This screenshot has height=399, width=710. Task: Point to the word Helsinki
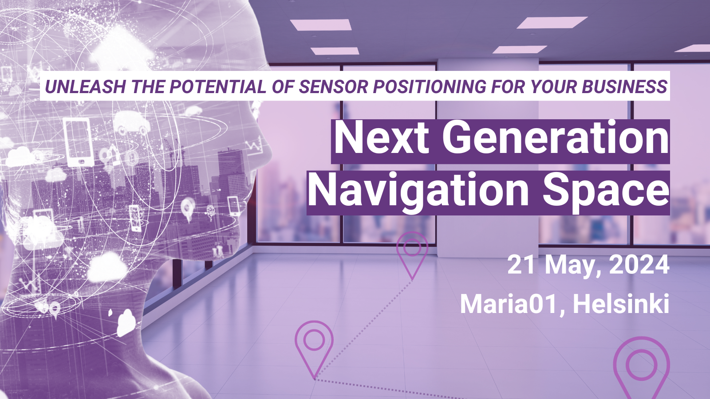coord(621,305)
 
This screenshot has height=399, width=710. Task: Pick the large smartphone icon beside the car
coord(78,141)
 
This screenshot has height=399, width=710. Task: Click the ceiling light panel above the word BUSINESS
coord(552,22)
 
